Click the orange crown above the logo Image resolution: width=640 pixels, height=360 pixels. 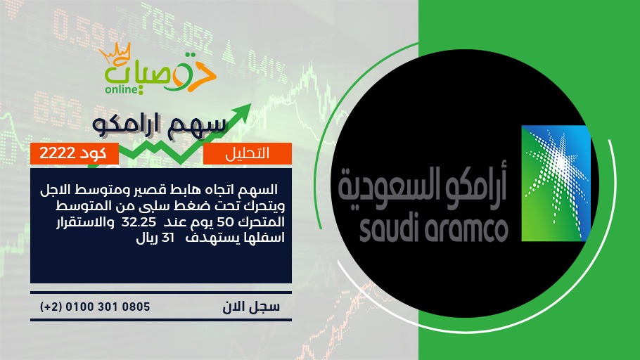click(x=115, y=53)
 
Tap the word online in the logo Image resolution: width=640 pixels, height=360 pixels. click(x=122, y=89)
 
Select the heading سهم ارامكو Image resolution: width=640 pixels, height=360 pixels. click(x=159, y=125)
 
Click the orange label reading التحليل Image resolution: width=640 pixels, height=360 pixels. click(x=248, y=153)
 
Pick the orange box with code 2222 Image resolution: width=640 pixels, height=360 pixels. click(x=75, y=153)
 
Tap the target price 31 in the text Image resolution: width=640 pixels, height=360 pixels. click(x=168, y=238)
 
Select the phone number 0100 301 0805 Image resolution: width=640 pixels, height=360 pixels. click(x=108, y=307)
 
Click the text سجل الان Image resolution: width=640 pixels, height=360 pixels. click(x=251, y=307)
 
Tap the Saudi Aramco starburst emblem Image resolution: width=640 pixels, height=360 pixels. click(x=556, y=183)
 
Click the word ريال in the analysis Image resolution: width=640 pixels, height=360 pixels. click(x=148, y=238)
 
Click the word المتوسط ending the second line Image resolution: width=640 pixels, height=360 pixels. click(x=260, y=206)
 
